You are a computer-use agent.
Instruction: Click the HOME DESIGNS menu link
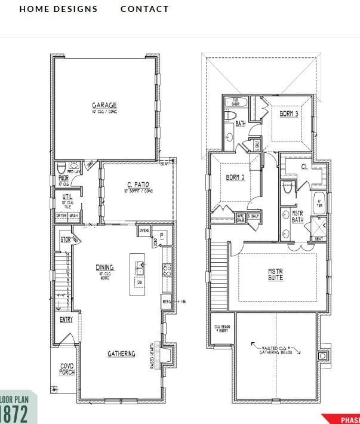[58, 9]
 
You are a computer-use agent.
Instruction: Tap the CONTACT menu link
[144, 9]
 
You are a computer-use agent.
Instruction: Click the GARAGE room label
[104, 105]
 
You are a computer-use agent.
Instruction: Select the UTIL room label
[67, 196]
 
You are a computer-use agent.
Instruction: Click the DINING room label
[105, 268]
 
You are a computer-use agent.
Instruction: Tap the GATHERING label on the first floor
[121, 354]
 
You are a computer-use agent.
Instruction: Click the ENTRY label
[66, 319]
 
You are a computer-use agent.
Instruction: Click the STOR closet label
[66, 240]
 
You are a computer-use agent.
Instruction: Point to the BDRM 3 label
[288, 113]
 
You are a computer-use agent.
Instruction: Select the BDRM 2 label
[235, 177]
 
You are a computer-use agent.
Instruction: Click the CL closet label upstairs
[304, 167]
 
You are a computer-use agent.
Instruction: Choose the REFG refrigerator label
[167, 302]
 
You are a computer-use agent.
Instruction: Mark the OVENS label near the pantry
[144, 230]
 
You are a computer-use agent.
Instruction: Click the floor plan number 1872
[14, 413]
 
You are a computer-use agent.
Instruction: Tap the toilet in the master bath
[288, 188]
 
